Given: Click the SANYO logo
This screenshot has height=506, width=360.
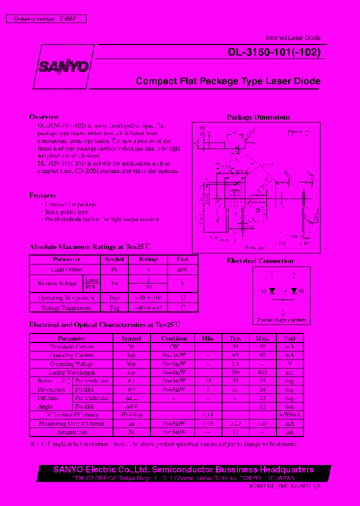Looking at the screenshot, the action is coord(64,67).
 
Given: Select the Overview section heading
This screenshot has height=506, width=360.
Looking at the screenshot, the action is coord(44,117).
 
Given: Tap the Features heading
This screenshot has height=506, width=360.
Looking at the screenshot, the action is coord(42,195).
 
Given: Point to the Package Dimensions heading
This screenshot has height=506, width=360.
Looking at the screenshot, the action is coord(258,117).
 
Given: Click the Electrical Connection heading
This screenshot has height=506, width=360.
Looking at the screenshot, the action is coord(260,260).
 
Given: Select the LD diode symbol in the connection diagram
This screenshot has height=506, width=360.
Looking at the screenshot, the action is coord(271,290).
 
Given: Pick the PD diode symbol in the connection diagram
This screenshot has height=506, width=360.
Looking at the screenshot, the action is coord(294,290).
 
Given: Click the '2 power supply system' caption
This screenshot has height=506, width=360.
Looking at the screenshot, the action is coord(281,320).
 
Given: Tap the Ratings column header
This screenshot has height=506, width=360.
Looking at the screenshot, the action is coord(148,259).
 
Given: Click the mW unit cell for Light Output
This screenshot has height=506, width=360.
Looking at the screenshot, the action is coord(182,269).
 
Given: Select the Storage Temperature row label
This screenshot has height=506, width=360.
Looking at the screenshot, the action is coord(66,308).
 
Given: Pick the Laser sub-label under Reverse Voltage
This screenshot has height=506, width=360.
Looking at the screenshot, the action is coord(91,280).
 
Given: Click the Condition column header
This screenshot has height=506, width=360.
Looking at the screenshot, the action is coord(174,338).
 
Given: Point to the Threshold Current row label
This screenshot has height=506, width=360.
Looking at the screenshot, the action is coord(71,346).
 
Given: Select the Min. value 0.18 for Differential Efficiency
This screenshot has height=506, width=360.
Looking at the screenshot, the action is coord(207,414).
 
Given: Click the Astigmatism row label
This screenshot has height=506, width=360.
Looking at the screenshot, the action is coord(71,431).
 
